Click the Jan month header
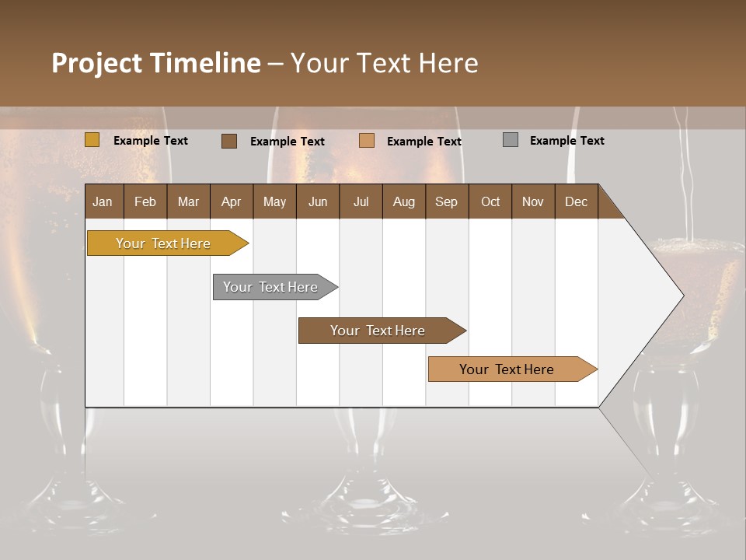click(x=103, y=201)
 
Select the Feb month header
click(x=145, y=201)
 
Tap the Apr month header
click(x=231, y=201)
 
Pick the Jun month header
click(x=318, y=201)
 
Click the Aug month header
click(x=403, y=201)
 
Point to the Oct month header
click(x=490, y=201)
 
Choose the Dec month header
click(x=576, y=201)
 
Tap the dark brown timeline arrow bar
click(x=378, y=331)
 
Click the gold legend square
click(x=92, y=140)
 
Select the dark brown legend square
click(x=228, y=141)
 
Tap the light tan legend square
click(x=367, y=141)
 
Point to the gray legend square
click(x=511, y=140)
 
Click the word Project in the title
click(x=98, y=63)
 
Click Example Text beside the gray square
click(x=566, y=141)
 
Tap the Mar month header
click(x=188, y=201)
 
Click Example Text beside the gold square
click(x=150, y=141)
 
